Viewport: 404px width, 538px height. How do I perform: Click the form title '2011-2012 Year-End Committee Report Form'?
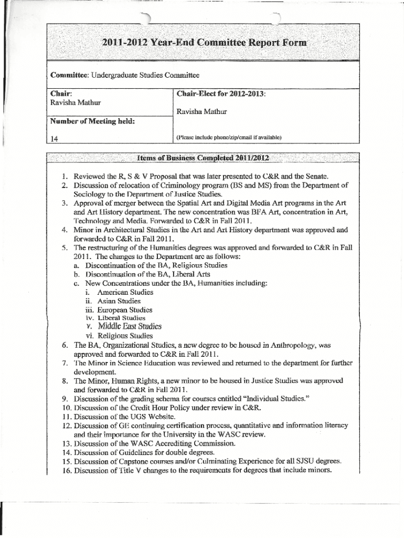coord(204,43)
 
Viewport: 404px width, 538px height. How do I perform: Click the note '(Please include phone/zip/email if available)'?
coord(229,138)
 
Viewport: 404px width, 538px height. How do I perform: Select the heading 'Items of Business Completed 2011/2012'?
coord(203,158)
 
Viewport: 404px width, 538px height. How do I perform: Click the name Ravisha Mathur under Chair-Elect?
coord(202,111)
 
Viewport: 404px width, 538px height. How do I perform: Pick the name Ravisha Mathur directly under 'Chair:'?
coord(76,102)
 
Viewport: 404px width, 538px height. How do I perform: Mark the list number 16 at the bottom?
coord(67,471)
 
